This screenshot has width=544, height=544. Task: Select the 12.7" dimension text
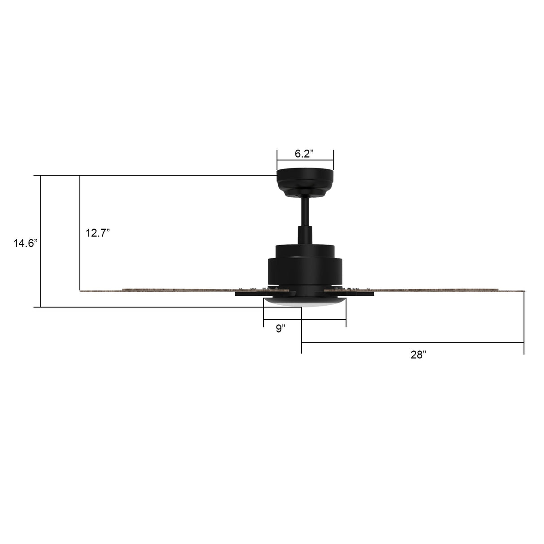point(98,233)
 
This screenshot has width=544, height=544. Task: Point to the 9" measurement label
point(281,329)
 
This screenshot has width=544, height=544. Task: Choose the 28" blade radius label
point(418,355)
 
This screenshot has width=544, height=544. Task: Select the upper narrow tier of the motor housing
point(305,251)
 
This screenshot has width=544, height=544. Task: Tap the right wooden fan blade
point(439,291)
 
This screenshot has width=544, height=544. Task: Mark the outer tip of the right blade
point(522,291)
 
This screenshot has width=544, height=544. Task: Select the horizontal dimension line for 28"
point(412,343)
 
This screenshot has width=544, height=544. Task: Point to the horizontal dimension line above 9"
point(305,319)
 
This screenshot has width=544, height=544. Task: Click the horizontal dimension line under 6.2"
point(305,160)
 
